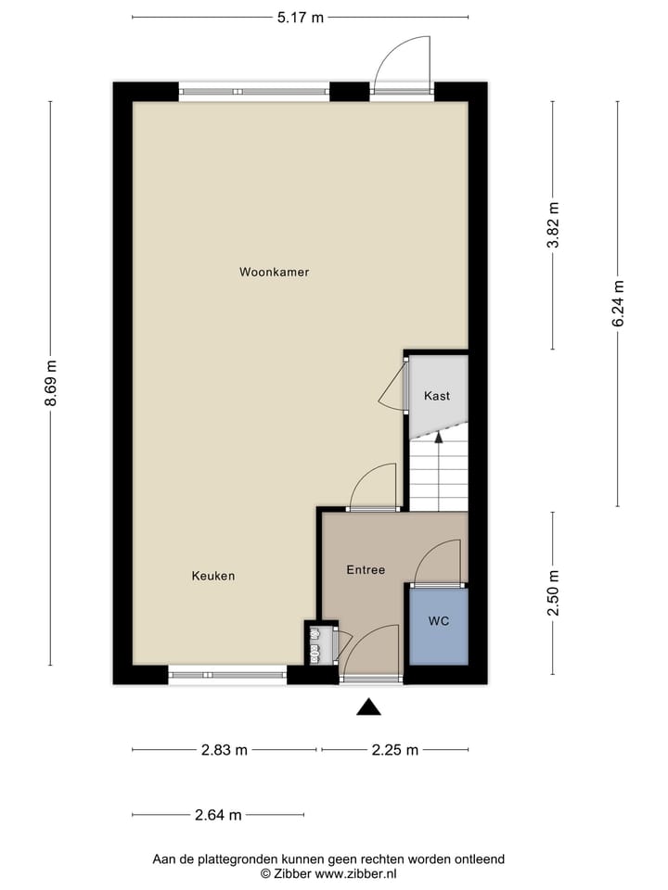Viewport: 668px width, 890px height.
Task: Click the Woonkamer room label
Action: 274,273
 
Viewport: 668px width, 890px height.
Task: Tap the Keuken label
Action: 213,576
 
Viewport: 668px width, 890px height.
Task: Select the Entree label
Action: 366,570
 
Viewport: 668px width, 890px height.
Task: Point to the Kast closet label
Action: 437,396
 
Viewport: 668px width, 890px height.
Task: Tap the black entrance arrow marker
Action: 370,708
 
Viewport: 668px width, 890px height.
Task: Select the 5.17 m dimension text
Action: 301,17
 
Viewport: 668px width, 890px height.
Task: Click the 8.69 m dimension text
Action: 51,383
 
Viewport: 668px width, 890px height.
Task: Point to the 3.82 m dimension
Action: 553,225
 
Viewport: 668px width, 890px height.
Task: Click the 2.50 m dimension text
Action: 553,594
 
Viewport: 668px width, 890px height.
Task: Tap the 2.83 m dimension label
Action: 225,750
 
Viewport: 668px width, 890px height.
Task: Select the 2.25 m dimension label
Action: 395,750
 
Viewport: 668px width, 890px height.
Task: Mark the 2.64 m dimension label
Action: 218,816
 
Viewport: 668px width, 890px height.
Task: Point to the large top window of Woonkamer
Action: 254,92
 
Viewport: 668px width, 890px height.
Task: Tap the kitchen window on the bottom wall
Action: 227,675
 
